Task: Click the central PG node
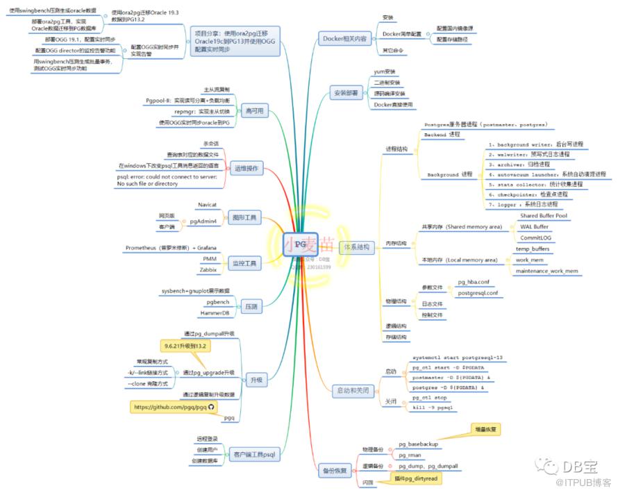click(300, 245)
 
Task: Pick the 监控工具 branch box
click(244, 263)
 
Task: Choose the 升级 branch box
click(256, 379)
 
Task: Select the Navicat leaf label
click(208, 206)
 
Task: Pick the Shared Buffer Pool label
click(543, 216)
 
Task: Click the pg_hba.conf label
click(474, 283)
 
